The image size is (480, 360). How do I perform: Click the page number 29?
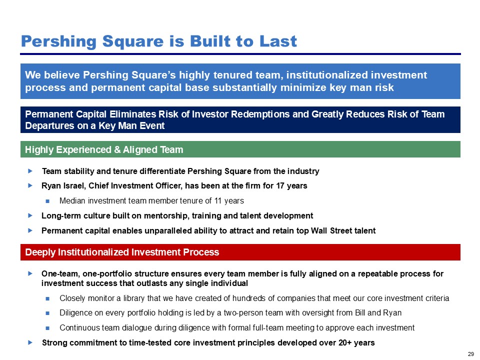click(471, 354)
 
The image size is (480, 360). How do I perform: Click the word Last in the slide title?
click(278, 41)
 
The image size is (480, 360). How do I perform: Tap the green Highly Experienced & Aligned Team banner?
click(240, 149)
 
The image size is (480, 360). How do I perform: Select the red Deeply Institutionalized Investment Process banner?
click(240, 252)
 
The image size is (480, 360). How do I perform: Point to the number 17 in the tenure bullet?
click(280, 186)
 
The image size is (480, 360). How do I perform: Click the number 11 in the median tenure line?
click(217, 201)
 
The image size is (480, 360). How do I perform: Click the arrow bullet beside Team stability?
click(30, 171)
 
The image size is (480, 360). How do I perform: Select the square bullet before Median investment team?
click(47, 201)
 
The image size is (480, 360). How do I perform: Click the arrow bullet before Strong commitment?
click(30, 342)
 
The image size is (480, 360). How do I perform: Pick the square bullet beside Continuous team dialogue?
click(47, 328)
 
